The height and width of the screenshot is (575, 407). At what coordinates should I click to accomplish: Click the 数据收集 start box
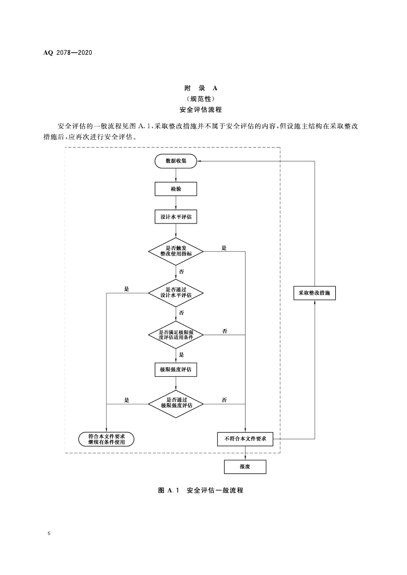tap(176, 161)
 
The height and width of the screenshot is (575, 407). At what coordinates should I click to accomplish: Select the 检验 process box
tap(176, 189)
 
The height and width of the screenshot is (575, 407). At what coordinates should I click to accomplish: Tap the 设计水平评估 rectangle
tap(176, 217)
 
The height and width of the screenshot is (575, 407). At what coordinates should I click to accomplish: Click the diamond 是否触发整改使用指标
tap(176, 251)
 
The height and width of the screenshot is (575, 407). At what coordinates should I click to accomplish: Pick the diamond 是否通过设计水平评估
tap(176, 293)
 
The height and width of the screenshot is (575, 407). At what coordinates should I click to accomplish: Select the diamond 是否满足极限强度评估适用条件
tap(176, 335)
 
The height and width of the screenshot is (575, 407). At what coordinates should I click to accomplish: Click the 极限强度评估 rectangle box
tap(176, 369)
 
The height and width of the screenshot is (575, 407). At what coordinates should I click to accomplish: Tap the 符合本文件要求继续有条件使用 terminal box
tap(107, 439)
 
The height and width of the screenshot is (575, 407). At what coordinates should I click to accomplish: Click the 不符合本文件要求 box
tap(246, 439)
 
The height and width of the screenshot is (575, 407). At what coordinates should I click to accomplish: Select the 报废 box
tap(246, 467)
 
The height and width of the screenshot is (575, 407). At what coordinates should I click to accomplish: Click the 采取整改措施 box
tap(314, 293)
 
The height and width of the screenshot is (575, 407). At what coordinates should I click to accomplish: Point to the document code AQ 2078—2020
tap(68, 52)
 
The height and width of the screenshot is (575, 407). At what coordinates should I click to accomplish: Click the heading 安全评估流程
tap(203, 110)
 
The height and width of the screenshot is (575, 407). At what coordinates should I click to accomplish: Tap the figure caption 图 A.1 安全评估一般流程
tap(200, 490)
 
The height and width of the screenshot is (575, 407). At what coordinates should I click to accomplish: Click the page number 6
tap(49, 534)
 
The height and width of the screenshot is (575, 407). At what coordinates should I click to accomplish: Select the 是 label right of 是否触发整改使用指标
tap(224, 248)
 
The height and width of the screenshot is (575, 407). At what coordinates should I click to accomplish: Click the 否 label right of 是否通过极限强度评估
tap(224, 400)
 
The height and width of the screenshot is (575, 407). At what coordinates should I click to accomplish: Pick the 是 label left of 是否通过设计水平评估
tap(127, 289)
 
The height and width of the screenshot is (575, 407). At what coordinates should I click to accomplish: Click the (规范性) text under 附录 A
tap(203, 99)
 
